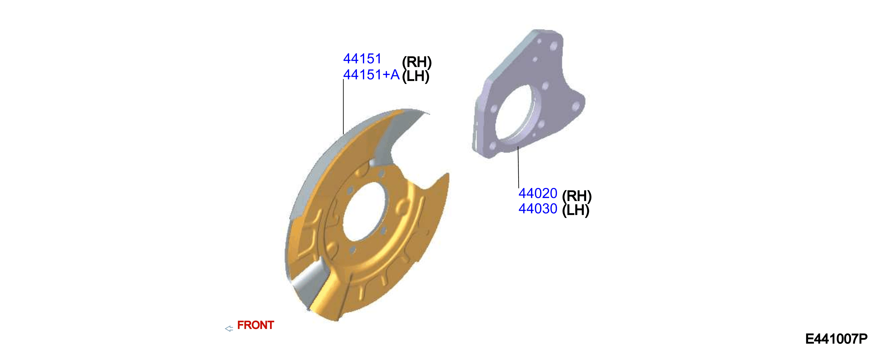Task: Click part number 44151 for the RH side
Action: coord(362,59)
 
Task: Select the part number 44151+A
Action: coord(371,75)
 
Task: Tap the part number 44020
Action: coord(538,193)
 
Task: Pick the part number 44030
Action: coord(538,209)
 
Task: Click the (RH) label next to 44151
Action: coord(417,63)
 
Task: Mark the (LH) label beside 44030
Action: coord(576,210)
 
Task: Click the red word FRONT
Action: coord(255,325)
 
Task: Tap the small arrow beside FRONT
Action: coord(229,328)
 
